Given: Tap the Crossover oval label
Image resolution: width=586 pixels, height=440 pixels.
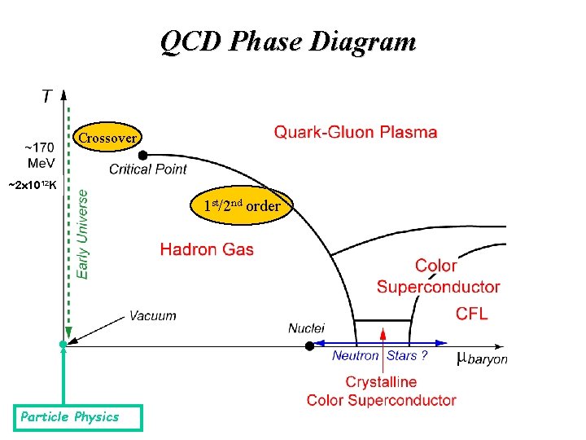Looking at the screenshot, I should click(107, 139).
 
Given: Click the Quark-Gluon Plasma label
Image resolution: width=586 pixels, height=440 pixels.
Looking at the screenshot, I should click(355, 132).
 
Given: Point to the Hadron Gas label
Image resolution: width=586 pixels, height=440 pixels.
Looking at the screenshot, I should click(207, 249).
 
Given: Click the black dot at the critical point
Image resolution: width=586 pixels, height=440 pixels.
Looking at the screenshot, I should click(143, 154).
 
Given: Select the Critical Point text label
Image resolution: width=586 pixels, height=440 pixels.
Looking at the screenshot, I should click(147, 169).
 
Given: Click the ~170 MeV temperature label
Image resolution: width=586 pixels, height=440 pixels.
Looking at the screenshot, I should click(38, 155).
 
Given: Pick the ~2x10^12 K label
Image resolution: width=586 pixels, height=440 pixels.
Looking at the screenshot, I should click(32, 186).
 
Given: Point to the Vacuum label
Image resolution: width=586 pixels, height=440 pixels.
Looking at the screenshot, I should click(152, 315).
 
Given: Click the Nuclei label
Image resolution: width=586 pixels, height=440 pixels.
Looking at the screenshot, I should click(306, 328).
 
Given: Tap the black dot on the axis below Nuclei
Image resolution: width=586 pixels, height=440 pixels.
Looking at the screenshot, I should click(309, 345).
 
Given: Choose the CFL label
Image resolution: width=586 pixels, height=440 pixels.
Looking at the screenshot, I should click(471, 314).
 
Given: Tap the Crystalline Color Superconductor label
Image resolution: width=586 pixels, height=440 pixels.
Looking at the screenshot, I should click(381, 391).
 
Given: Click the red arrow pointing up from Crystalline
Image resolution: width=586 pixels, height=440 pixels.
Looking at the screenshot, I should click(383, 350).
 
